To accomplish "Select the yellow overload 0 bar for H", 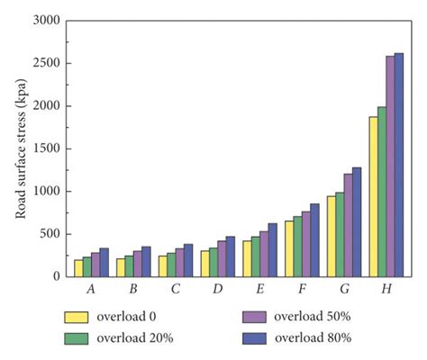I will [x=373, y=197].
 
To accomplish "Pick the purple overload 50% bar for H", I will [x=390, y=166].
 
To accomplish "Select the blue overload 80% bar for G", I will [x=357, y=221].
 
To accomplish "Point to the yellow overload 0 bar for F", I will [x=289, y=248].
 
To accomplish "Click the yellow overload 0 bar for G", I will [x=331, y=236].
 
